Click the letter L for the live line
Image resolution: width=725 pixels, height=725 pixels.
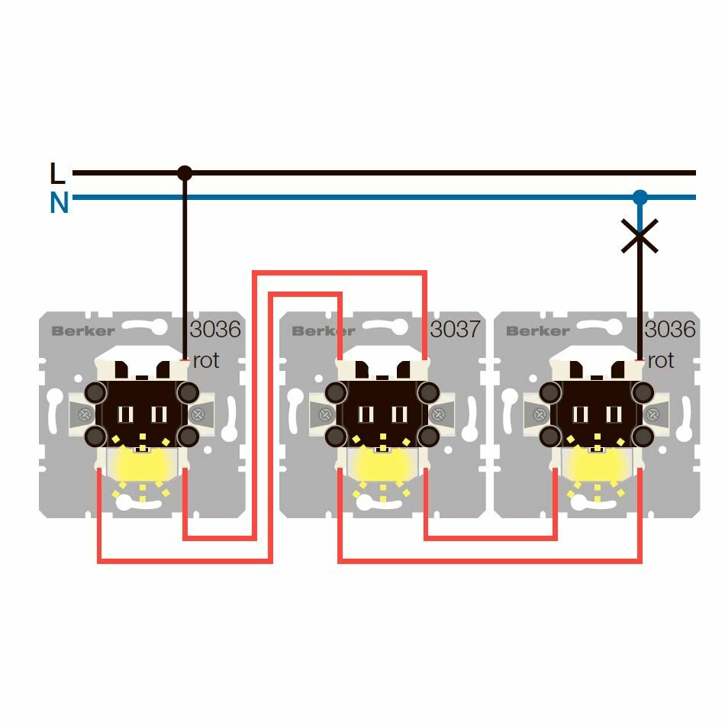coord(57,174)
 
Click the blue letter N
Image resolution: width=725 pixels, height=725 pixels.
coord(59,204)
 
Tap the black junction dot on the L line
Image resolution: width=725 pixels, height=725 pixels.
coord(185,173)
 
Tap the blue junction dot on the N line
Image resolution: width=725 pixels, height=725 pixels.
coord(640,198)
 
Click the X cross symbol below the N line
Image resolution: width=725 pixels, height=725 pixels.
coord(640,236)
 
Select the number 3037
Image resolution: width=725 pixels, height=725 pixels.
coord(455,330)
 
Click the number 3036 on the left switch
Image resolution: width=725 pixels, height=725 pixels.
coord(215,330)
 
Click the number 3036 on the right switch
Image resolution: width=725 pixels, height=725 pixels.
coord(670,330)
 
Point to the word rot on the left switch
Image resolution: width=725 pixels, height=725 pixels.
coord(206,360)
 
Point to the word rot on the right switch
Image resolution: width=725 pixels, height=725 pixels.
coord(661,360)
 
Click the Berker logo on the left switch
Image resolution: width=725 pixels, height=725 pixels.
coord(83,331)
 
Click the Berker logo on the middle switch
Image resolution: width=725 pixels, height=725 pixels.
coord(324,331)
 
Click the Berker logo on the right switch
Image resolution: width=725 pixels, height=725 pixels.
coord(537,331)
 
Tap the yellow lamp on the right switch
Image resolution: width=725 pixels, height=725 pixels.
coord(597,465)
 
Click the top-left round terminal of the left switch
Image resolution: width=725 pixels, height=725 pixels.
coord(96,393)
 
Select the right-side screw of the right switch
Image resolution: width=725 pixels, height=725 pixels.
coord(652,415)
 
